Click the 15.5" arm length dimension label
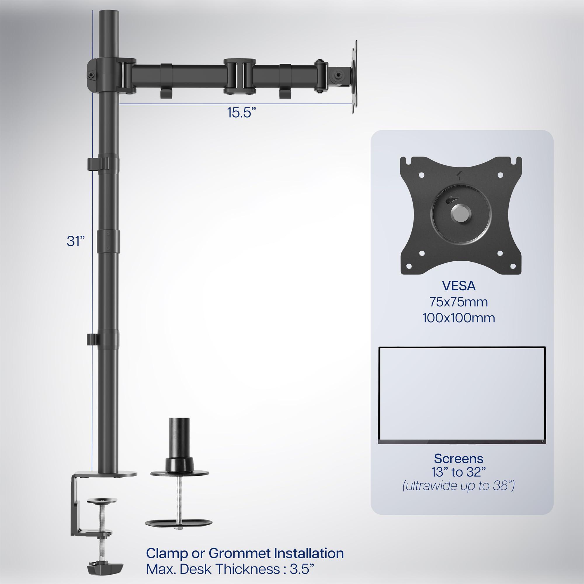pyautogui.click(x=239, y=112)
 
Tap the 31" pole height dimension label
pyautogui.click(x=75, y=241)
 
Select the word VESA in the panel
pyautogui.click(x=458, y=286)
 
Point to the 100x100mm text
pyautogui.click(x=458, y=318)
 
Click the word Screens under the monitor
pyautogui.click(x=458, y=458)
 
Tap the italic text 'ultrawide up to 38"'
pyautogui.click(x=458, y=486)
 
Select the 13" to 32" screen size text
pyautogui.click(x=458, y=472)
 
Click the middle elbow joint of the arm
pyautogui.click(x=240, y=76)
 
